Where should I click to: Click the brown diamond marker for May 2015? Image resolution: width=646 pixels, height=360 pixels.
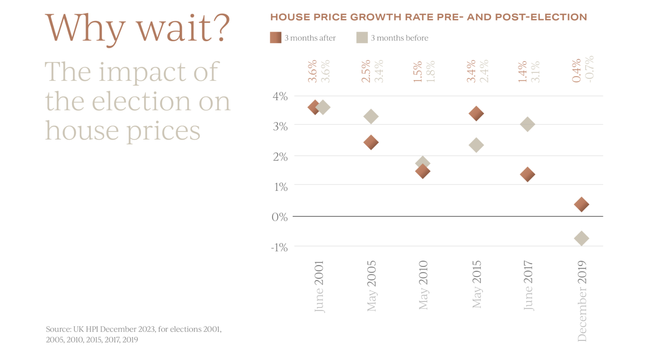click(x=476, y=113)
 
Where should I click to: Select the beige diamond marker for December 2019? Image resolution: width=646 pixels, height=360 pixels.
click(x=581, y=238)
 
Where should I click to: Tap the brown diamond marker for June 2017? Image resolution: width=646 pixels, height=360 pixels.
click(x=527, y=174)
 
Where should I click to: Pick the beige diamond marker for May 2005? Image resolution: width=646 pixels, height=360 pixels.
click(x=371, y=116)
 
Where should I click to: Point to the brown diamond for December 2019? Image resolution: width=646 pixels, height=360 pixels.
click(x=581, y=204)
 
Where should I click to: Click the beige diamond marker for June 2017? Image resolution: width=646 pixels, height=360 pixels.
click(x=527, y=124)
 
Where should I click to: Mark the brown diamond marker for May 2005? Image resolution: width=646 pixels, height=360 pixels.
click(x=371, y=142)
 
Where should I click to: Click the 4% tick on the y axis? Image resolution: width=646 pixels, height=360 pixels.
click(x=280, y=96)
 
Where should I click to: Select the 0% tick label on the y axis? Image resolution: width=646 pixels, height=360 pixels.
click(x=280, y=217)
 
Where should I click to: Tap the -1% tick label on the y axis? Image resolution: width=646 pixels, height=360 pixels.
click(x=279, y=247)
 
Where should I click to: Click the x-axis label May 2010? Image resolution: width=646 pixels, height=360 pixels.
click(x=423, y=285)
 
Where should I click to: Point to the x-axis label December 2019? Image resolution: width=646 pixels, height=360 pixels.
click(x=582, y=301)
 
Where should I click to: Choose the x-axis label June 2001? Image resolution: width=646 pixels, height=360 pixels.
click(x=319, y=286)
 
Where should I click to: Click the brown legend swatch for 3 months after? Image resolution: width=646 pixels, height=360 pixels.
click(x=276, y=38)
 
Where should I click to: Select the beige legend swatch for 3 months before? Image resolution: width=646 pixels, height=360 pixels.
click(x=362, y=38)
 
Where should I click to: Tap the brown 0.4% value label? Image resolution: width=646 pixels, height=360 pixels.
click(x=576, y=71)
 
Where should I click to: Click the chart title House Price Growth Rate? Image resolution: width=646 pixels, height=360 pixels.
click(x=429, y=17)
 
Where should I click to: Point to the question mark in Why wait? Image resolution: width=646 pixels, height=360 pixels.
click(x=221, y=28)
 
